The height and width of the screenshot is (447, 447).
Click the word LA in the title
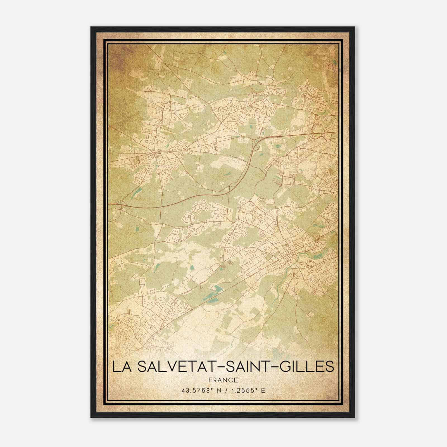120,367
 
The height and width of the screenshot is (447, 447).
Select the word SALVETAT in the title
168,367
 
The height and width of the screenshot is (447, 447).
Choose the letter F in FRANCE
210,380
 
